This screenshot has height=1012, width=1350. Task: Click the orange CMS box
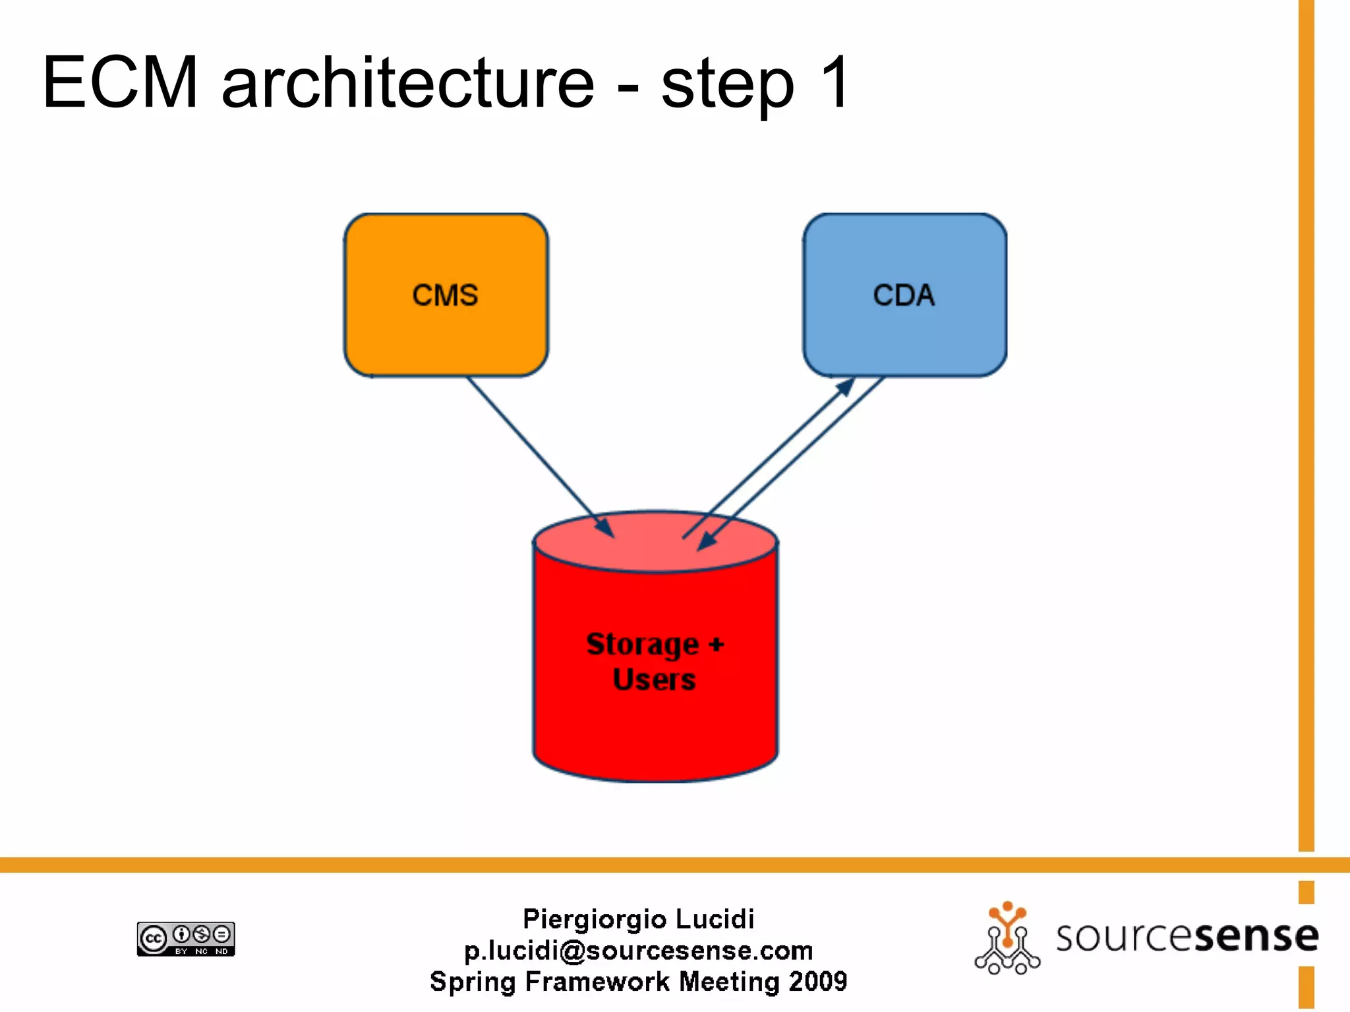point(446,295)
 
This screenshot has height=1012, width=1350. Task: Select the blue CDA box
point(904,295)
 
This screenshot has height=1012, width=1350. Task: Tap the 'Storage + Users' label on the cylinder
point(655,661)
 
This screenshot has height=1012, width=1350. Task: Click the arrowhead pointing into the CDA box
point(846,387)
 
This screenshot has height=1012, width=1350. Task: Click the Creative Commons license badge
point(186,938)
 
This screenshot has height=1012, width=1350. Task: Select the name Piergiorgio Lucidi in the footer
point(638,918)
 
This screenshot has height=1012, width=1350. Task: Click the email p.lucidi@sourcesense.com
point(638,950)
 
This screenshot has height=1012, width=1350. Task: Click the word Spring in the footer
point(473,982)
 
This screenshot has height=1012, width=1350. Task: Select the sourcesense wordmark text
point(1187,936)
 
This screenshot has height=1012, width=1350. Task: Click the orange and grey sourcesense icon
point(1007,938)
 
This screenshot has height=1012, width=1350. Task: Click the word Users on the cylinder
point(655,679)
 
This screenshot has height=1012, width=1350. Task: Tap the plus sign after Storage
point(716,644)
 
